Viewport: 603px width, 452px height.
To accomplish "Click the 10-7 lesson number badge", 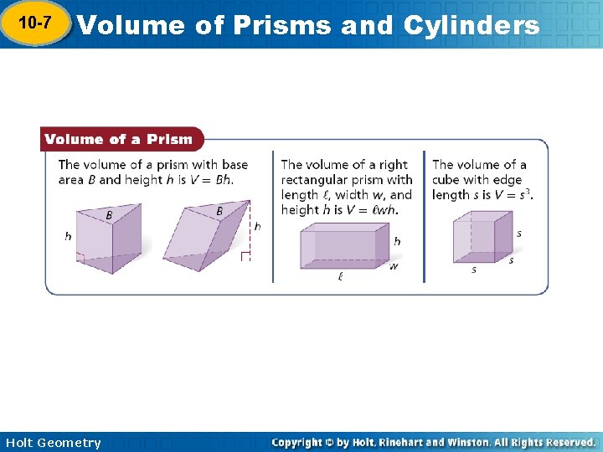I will (34, 24).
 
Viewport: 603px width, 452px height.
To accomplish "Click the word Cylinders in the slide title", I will (471, 25).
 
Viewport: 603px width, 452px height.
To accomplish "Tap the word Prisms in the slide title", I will (286, 25).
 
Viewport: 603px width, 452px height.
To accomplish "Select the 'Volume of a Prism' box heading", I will (118, 139).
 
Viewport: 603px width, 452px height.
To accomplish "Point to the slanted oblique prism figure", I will (210, 235).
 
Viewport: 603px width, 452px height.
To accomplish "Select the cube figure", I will (481, 238).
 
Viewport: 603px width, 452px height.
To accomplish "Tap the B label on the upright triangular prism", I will (109, 215).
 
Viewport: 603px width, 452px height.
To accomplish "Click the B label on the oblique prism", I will (219, 211).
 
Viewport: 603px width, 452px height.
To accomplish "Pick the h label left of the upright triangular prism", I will (68, 237).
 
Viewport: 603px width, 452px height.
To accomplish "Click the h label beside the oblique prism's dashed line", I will (257, 226).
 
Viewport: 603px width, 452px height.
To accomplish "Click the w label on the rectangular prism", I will (394, 267).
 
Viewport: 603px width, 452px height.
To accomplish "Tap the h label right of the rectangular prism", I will (397, 241).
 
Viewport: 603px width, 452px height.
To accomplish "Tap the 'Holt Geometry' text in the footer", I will (52, 443).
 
